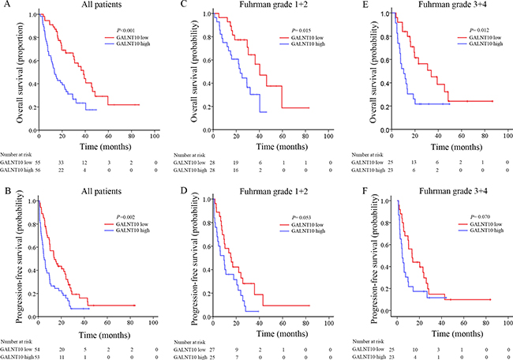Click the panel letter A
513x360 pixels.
pyautogui.click(x=4, y=5)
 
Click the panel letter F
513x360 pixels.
pyautogui.click(x=365, y=191)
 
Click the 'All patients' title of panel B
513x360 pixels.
pyautogui.click(x=102, y=191)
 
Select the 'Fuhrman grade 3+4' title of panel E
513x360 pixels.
pyautogui.click(x=452, y=5)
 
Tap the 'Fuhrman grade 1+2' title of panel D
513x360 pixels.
pyautogui.click(x=273, y=191)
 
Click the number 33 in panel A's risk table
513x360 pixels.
pyautogui.click(x=62, y=163)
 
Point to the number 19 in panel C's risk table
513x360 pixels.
pyautogui.click(x=237, y=163)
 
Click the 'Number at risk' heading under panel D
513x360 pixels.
pyautogui.click(x=189, y=342)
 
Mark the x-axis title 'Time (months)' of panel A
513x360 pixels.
pyautogui.click(x=105, y=146)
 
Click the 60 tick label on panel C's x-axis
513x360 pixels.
pyautogui.click(x=283, y=136)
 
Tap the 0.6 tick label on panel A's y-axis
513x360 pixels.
pyautogui.click(x=32, y=61)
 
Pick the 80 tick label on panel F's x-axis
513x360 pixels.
pyautogui.click(x=485, y=323)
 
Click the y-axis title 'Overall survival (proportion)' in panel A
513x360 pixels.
pyautogui.click(x=20, y=73)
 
